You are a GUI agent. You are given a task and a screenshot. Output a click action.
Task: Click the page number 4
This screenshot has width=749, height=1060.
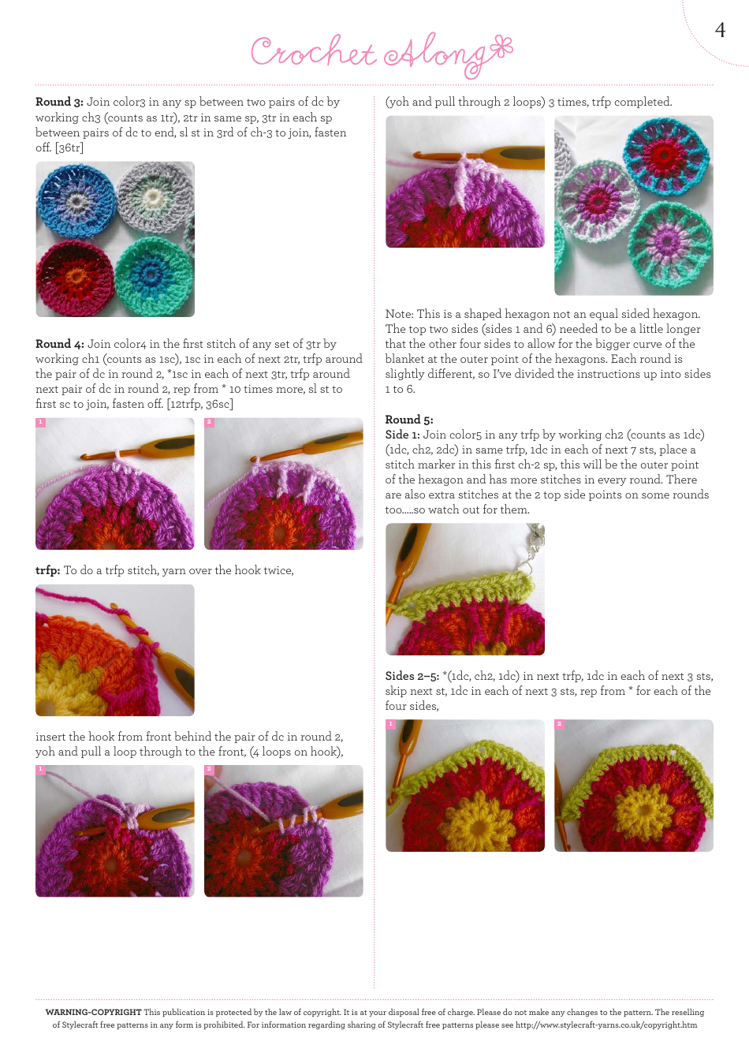(719, 30)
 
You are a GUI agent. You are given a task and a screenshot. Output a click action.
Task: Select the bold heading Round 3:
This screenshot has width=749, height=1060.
(59, 102)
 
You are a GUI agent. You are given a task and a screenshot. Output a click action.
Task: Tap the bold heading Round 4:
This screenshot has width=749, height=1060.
(59, 344)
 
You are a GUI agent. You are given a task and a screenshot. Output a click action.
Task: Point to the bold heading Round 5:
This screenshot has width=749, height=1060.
(408, 420)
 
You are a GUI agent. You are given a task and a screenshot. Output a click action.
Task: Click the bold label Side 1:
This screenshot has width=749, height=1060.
(402, 435)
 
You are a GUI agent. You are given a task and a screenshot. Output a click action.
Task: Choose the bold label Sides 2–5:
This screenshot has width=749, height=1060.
(412, 676)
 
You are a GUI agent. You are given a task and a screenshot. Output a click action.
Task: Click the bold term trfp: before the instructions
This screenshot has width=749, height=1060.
(47, 570)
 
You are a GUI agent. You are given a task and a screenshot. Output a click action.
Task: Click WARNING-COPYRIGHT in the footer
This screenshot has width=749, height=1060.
(93, 1012)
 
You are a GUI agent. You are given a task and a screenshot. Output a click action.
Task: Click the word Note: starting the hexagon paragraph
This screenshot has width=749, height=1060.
(400, 314)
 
